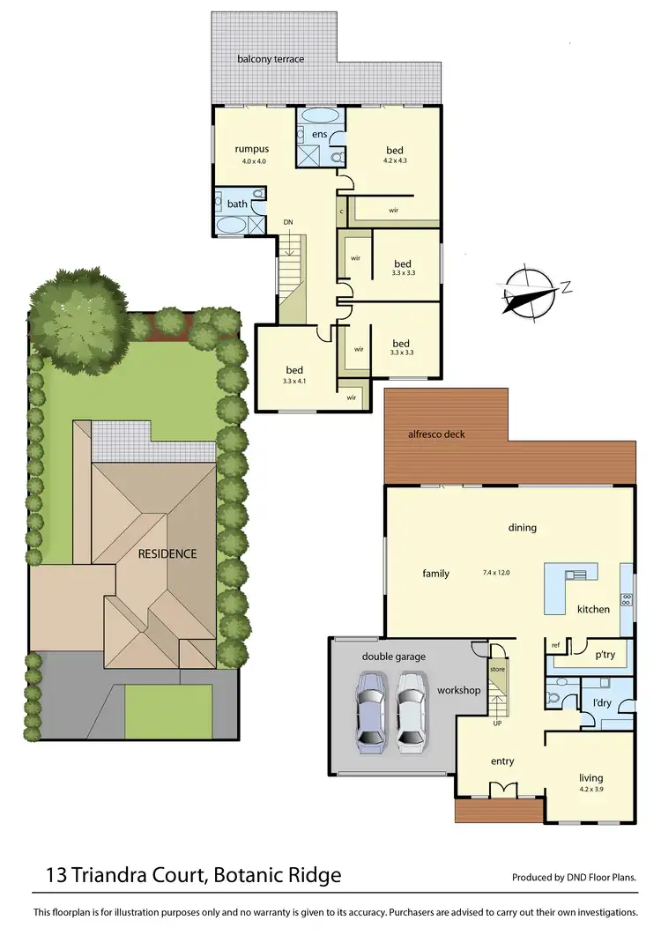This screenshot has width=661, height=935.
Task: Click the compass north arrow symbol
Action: click(533, 292)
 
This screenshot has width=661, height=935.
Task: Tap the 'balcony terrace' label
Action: click(271, 59)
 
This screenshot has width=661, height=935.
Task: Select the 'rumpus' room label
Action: click(250, 149)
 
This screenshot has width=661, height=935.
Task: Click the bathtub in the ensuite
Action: click(319, 115)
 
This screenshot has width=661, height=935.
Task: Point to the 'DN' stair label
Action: click(287, 221)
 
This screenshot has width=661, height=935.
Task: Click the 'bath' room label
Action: click(237, 204)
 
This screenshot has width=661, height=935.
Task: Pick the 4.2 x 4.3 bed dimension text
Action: click(395, 160)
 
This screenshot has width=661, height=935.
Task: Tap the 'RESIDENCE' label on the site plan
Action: click(167, 554)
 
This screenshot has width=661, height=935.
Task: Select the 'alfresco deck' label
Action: click(429, 434)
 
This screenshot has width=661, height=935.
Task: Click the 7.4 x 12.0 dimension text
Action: click(496, 573)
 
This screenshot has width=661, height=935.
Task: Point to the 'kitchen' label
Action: click(593, 609)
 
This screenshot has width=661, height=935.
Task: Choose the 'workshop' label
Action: click(459, 690)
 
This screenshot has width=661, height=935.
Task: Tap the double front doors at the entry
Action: click(501, 789)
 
